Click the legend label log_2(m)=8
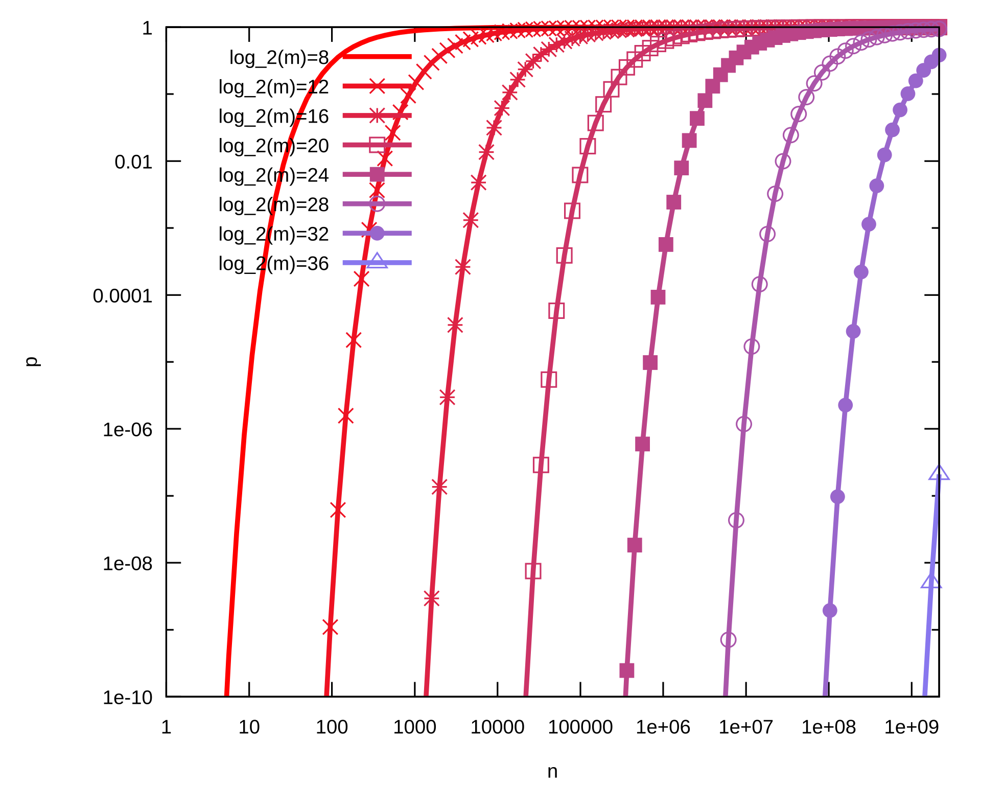pyautogui.click(x=279, y=58)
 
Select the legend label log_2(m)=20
pyautogui.click(x=274, y=146)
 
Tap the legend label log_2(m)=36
pyautogui.click(x=274, y=264)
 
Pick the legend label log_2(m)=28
pyautogui.click(x=274, y=205)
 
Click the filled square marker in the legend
pyautogui.click(x=377, y=175)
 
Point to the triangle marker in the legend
pyautogui.click(x=377, y=261)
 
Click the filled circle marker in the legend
pyautogui.click(x=377, y=234)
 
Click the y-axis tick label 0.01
pyautogui.click(x=133, y=162)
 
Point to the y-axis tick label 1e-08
pyautogui.click(x=128, y=564)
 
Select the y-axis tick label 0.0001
pyautogui.click(x=123, y=296)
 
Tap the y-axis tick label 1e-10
pyautogui.click(x=128, y=698)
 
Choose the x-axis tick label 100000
pyautogui.click(x=580, y=727)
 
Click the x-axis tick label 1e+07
pyautogui.click(x=746, y=727)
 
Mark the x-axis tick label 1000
pyautogui.click(x=415, y=727)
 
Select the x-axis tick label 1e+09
pyautogui.click(x=912, y=727)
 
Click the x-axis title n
pyautogui.click(x=552, y=772)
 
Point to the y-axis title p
pyautogui.click(x=32, y=361)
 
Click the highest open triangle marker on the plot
pyautogui.click(x=939, y=474)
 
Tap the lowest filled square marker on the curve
pyautogui.click(x=627, y=670)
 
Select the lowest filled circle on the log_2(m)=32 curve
pyautogui.click(x=830, y=610)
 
